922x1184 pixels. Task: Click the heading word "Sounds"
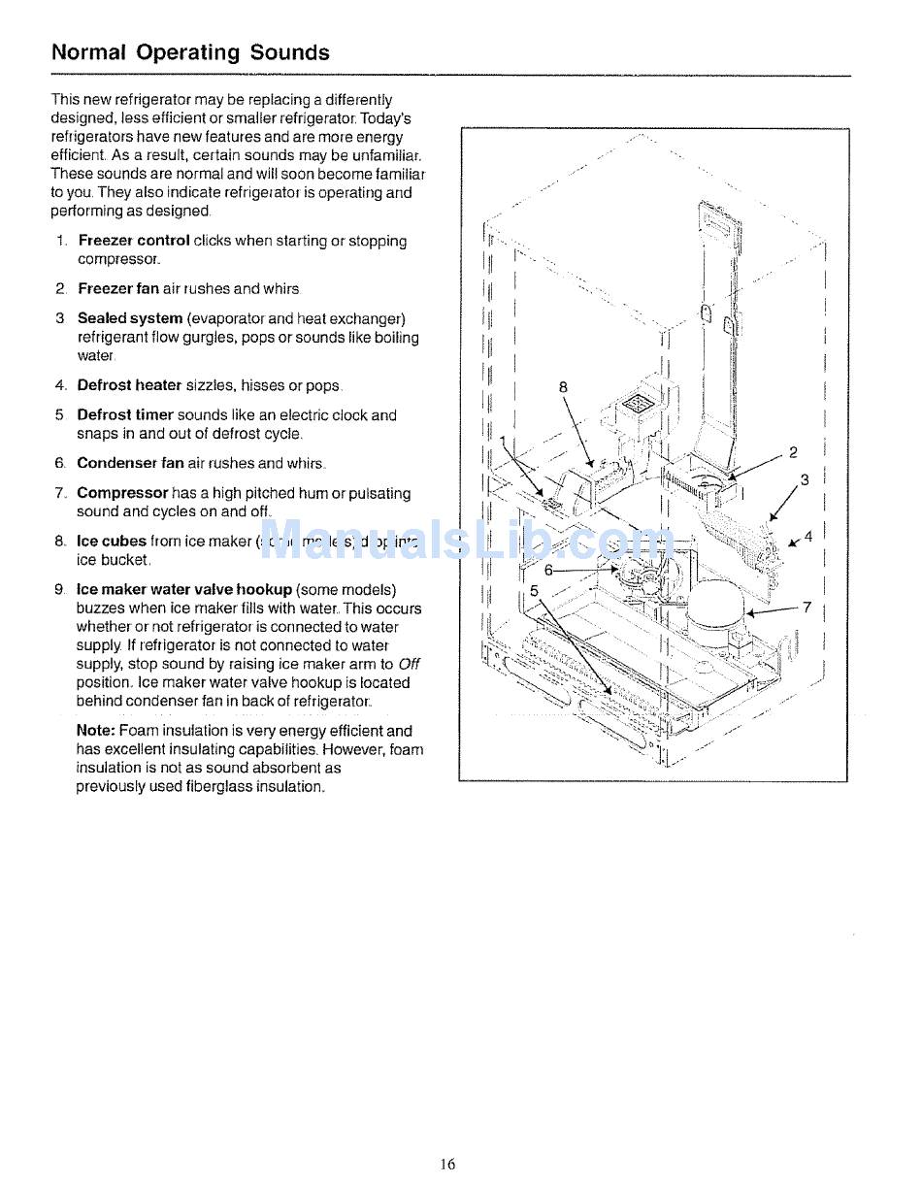point(289,52)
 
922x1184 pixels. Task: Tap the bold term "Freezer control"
point(133,241)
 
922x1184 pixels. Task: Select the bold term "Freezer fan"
point(117,288)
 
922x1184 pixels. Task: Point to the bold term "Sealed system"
point(129,318)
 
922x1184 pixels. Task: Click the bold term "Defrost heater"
point(129,385)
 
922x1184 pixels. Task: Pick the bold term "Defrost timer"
point(125,415)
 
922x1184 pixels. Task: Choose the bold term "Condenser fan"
point(130,464)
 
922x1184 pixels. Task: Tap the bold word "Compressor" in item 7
point(122,493)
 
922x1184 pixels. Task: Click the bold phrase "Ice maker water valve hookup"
point(183,590)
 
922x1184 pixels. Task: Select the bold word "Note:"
point(96,731)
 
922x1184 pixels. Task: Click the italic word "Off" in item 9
point(409,664)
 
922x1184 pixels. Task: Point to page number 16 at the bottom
point(446,1165)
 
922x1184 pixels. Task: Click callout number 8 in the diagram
point(563,387)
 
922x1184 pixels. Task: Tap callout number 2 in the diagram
point(793,452)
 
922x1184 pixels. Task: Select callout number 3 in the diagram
point(805,479)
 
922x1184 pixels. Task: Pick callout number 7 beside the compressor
point(807,608)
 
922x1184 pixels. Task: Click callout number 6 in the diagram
point(548,571)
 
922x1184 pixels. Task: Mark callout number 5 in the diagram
point(534,590)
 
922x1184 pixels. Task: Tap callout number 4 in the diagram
point(808,536)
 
